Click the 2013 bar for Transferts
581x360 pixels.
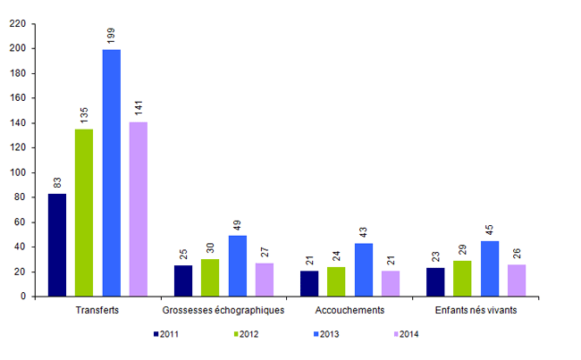(111, 172)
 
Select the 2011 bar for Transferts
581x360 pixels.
(57, 245)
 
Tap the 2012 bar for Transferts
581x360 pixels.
(84, 213)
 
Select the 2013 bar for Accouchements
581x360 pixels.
(364, 270)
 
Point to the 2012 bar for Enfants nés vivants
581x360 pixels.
(463, 278)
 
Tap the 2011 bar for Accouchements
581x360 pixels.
(309, 283)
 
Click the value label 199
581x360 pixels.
(111, 35)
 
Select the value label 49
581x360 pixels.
(238, 224)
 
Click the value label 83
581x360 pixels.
(57, 182)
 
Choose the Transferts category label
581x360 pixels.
(97, 310)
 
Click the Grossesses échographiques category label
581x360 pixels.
(223, 310)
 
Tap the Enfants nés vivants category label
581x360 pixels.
(476, 310)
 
